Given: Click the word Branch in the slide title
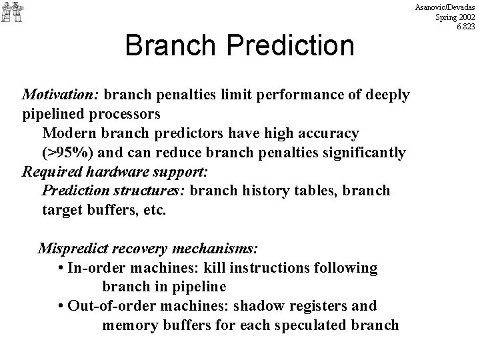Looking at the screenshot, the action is [x=167, y=45].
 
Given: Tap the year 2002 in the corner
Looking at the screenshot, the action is [x=466, y=17].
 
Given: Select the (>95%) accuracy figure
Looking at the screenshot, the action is [x=70, y=153].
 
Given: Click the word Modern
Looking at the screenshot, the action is [x=68, y=133].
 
